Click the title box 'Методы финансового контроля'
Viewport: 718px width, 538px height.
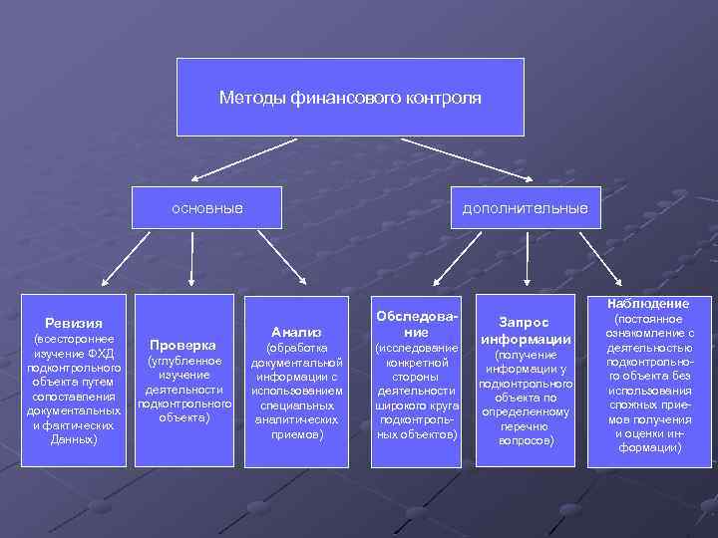[x=350, y=97]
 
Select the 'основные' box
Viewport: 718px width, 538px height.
[x=207, y=208]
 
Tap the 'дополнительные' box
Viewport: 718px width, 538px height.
[x=525, y=208]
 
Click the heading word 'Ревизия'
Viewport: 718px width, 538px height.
[x=73, y=322]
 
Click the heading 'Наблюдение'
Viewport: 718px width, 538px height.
[x=648, y=303]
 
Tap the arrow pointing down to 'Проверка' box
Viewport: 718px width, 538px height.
[x=185, y=268]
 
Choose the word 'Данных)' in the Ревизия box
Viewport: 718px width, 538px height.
[x=73, y=438]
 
